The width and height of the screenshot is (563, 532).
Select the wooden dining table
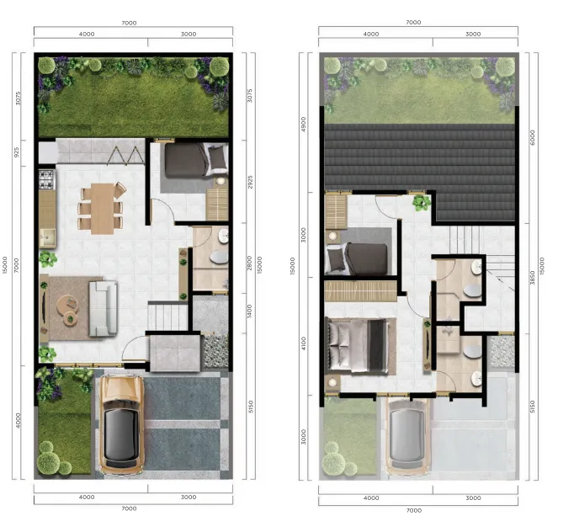pos(102,208)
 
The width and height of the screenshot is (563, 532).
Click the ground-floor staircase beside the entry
pos(167,317)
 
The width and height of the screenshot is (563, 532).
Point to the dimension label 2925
pos(249,182)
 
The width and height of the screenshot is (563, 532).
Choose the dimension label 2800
pos(249,262)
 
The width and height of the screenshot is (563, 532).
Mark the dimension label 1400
pos(249,310)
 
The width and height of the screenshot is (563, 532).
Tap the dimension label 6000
pos(531,138)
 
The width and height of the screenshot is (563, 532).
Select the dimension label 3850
pos(531,278)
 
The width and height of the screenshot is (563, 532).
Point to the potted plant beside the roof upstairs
pos(419,202)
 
